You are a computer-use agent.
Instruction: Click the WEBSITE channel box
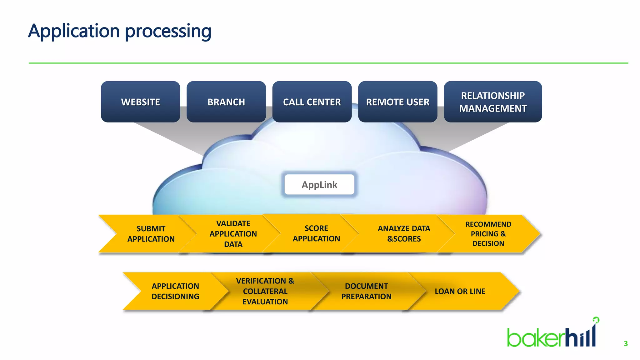(x=140, y=102)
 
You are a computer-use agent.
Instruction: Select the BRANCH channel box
(x=226, y=102)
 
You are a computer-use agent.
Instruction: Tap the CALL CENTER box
(x=312, y=102)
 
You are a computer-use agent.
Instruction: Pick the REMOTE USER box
(x=397, y=102)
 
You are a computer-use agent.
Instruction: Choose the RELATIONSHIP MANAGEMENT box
(x=493, y=102)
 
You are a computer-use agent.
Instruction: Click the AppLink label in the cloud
(x=319, y=185)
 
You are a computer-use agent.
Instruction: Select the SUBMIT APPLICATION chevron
(x=151, y=234)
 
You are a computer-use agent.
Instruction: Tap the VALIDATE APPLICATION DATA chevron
(x=233, y=234)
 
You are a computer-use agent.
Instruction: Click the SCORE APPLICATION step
(x=316, y=233)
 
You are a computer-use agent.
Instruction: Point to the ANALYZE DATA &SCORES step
(x=404, y=234)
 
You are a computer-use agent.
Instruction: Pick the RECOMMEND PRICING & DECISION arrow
(x=488, y=234)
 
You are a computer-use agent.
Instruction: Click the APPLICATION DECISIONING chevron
(x=175, y=291)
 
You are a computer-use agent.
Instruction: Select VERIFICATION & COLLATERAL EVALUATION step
(x=265, y=291)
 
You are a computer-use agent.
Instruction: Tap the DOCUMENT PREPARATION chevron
(x=366, y=291)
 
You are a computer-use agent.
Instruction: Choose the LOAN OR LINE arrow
(x=460, y=291)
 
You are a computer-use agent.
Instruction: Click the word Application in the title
(x=74, y=31)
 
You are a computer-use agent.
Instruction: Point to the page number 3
(x=626, y=344)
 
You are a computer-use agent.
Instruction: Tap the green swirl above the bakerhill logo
(x=596, y=320)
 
